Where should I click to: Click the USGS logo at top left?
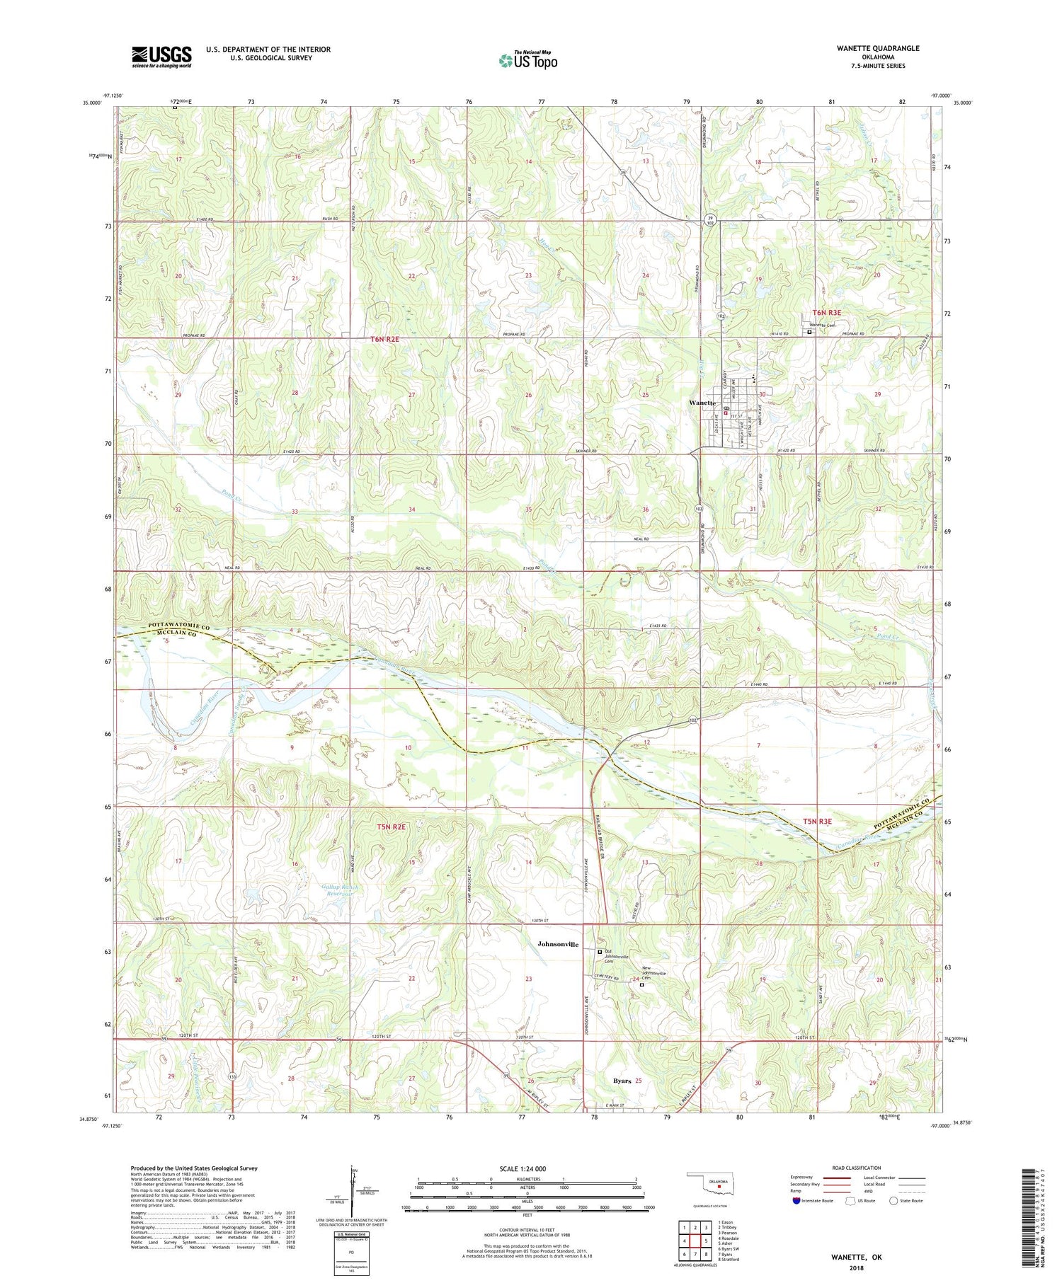pyautogui.click(x=161, y=57)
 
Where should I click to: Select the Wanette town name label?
pyautogui.click(x=702, y=403)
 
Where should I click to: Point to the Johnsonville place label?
pyautogui.click(x=558, y=944)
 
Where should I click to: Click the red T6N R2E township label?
pyautogui.click(x=385, y=340)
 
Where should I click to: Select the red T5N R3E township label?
pyautogui.click(x=817, y=822)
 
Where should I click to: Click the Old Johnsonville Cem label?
pyautogui.click(x=616, y=957)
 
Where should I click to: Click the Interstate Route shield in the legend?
pyautogui.click(x=798, y=1201)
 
